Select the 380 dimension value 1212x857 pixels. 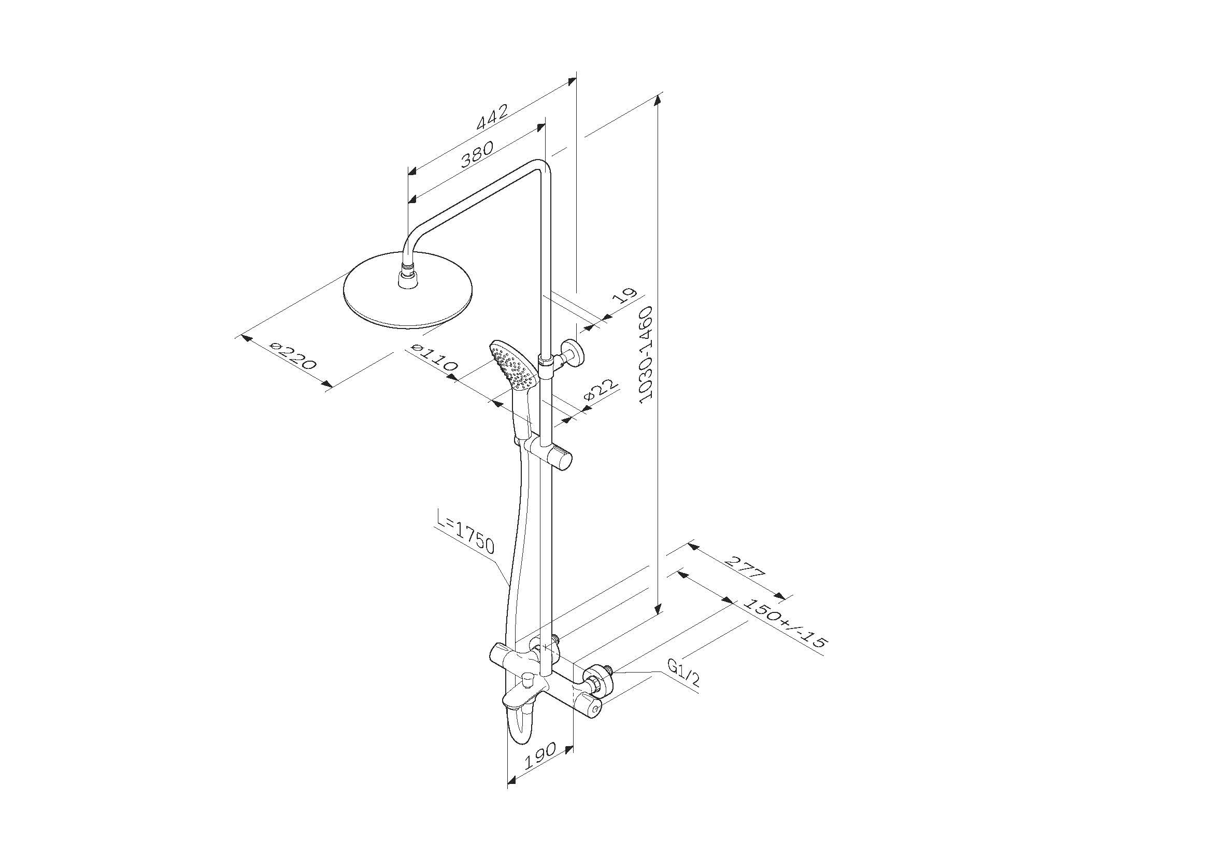(x=478, y=153)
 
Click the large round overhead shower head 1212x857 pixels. (x=408, y=294)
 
